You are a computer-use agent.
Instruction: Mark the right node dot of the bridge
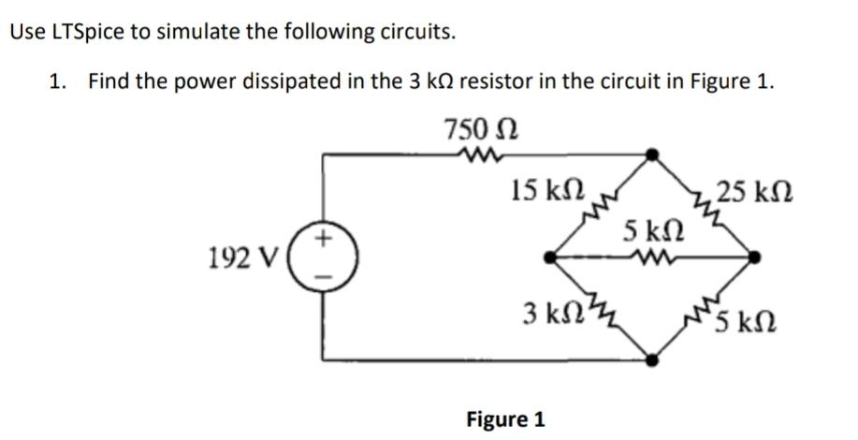[x=756, y=256]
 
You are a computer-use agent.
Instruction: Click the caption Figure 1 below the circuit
[x=505, y=418]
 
